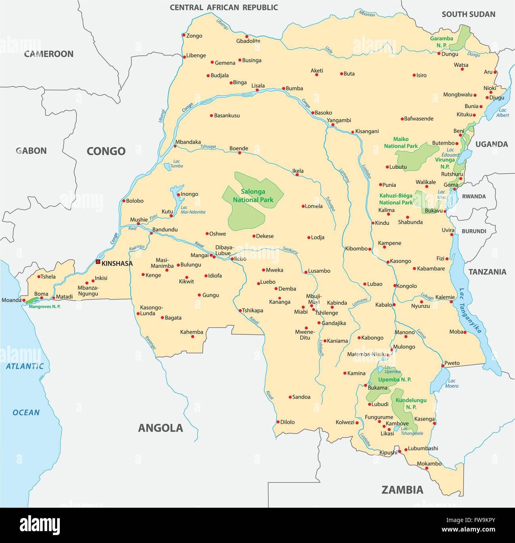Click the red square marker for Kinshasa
98,262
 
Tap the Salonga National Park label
253,196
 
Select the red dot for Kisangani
353,132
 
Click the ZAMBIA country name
402,490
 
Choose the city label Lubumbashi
423,448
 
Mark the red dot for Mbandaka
175,146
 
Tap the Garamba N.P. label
442,42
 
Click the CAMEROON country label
49,54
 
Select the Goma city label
451,185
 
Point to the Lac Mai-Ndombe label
193,209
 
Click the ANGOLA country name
160,428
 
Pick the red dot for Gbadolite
246,36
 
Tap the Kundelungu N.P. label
411,403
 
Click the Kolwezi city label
345,422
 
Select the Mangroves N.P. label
45,307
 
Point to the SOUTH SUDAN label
468,14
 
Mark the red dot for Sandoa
290,397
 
